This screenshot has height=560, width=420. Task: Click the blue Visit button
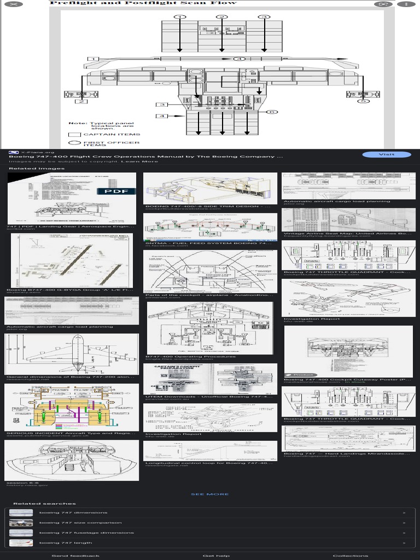[387, 155]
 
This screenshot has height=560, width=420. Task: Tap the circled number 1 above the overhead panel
[179, 17]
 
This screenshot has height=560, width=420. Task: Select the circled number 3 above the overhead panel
[264, 17]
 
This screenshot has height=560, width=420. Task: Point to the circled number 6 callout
[271, 112]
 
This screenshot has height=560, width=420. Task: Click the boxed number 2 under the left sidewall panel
[81, 102]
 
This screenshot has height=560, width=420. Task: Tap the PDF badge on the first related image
[116, 191]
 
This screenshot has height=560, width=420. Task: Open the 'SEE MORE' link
[210, 494]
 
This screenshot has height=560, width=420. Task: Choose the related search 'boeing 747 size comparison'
[73, 523]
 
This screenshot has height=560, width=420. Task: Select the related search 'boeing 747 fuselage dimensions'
[86, 533]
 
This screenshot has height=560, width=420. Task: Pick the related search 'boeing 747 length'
[66, 543]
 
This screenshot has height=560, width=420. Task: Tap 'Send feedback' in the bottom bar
[75, 556]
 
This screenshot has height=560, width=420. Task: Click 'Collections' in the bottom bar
[351, 556]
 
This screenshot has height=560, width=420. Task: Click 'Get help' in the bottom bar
[216, 556]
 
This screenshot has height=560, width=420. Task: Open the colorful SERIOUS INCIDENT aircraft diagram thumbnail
[72, 407]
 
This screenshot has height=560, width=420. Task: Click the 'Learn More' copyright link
[139, 161]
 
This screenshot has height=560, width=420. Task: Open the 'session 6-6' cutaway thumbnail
[72, 460]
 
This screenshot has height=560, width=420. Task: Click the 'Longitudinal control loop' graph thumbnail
[210, 451]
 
